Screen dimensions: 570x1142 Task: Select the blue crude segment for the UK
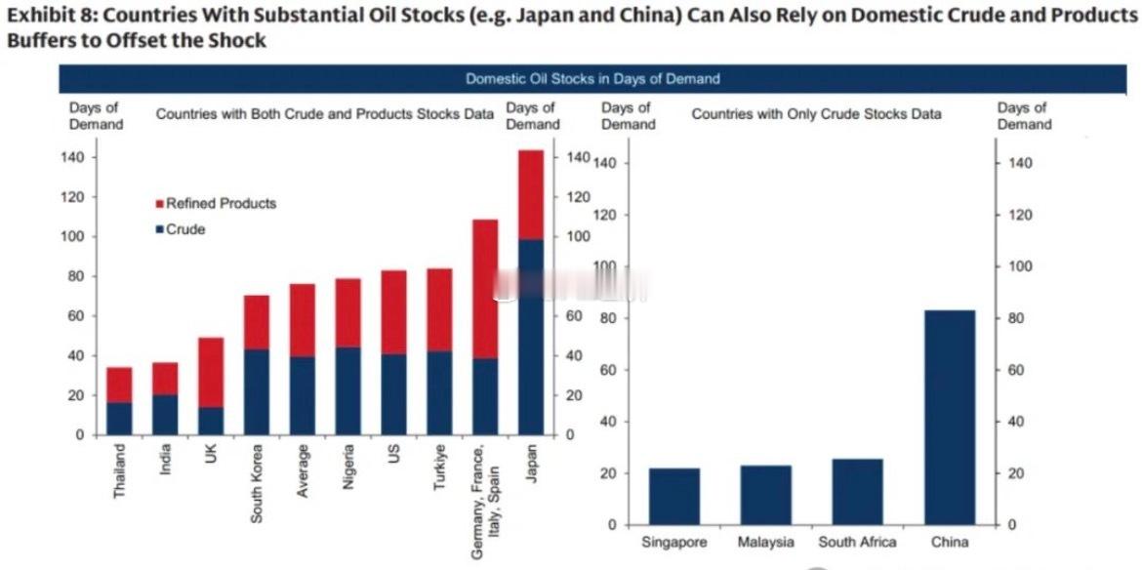coord(211,421)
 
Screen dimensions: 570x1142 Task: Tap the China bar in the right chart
coord(950,417)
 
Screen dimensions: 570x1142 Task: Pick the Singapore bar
coord(674,497)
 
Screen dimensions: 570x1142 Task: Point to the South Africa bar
coord(857,492)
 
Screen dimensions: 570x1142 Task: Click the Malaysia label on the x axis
coord(766,542)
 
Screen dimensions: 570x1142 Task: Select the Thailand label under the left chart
coord(120,471)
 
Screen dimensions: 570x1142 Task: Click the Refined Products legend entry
coord(221,204)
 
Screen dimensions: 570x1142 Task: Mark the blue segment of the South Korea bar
coord(257,391)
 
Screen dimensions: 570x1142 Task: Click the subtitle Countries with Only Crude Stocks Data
coord(816,114)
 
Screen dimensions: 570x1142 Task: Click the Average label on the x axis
coord(303,470)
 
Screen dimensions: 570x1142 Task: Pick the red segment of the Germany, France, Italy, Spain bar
coord(485,289)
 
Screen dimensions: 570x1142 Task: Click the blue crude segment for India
coord(165,415)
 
